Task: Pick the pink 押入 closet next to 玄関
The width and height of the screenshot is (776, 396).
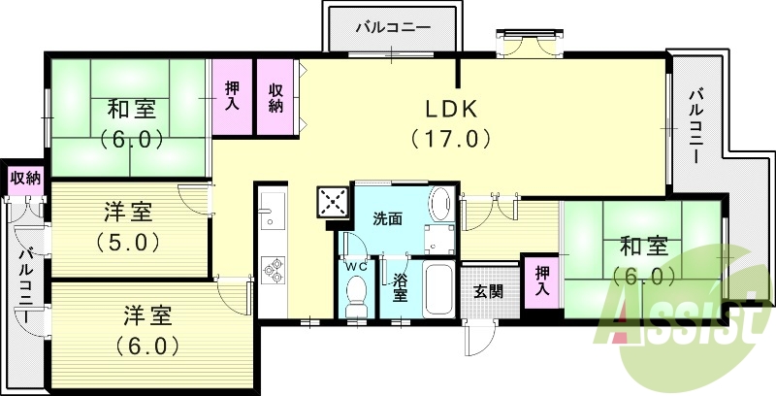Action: (x=542, y=282)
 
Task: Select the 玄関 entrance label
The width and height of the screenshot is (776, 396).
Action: (x=488, y=289)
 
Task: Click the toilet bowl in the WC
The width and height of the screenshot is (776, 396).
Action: (x=356, y=292)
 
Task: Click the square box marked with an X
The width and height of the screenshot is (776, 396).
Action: (x=333, y=204)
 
